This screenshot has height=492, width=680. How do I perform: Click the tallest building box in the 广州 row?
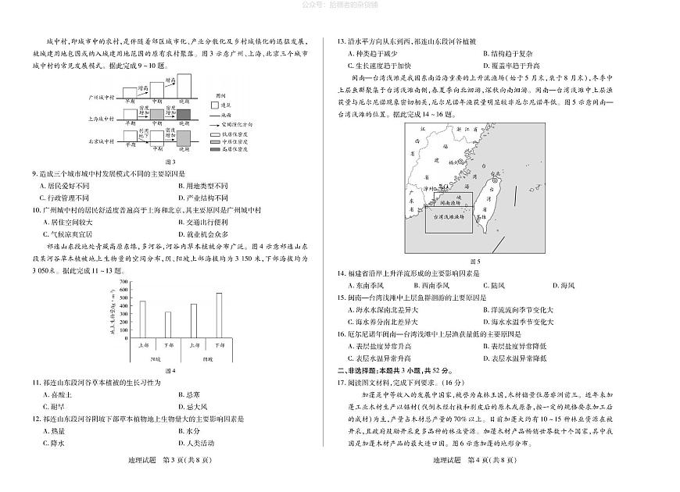point(185,83)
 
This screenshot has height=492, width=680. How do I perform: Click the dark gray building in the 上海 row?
point(184,116)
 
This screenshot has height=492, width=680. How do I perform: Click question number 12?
point(36,419)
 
